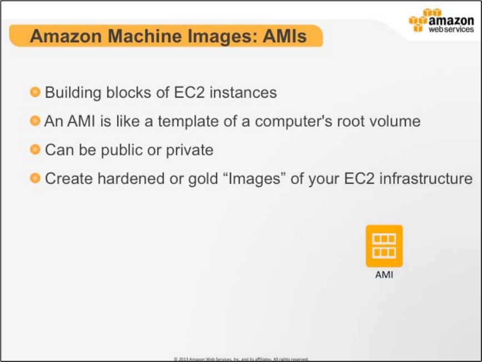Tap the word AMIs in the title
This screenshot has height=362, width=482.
pos(285,36)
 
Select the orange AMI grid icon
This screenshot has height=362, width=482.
pos(384,246)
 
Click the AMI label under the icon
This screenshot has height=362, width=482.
pos(384,274)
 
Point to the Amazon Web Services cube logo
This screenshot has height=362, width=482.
pos(418,21)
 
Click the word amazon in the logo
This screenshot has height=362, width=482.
pos(451,21)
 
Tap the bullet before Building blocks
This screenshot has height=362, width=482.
pos(36,92)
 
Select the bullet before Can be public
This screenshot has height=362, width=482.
pos(36,149)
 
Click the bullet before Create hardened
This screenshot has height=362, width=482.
pos(36,178)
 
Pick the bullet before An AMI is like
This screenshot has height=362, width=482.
pos(36,121)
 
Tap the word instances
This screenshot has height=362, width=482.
pos(243,93)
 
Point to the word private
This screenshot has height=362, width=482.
pos(190,150)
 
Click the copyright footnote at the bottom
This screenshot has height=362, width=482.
pos(241,359)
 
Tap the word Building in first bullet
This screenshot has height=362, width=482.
pos(73,93)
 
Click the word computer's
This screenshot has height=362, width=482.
pos(294,122)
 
